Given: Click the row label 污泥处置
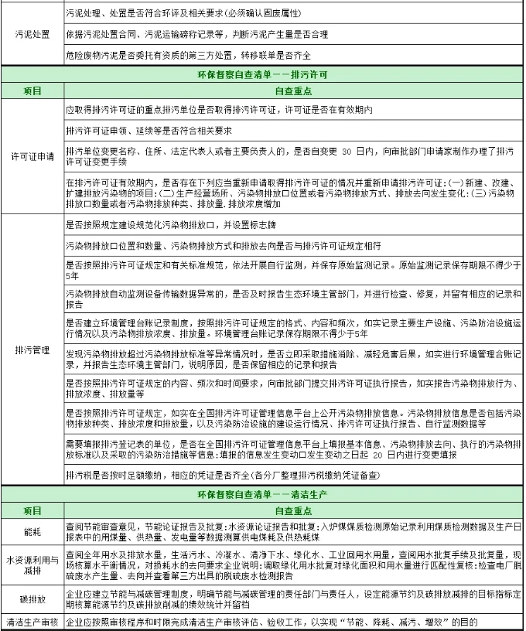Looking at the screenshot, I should click(x=32, y=36).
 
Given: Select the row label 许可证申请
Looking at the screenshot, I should click(x=32, y=157).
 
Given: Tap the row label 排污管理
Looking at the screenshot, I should click(x=32, y=350).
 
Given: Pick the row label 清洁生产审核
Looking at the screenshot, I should click(x=32, y=621).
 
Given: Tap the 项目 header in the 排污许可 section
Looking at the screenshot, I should click(x=32, y=91).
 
